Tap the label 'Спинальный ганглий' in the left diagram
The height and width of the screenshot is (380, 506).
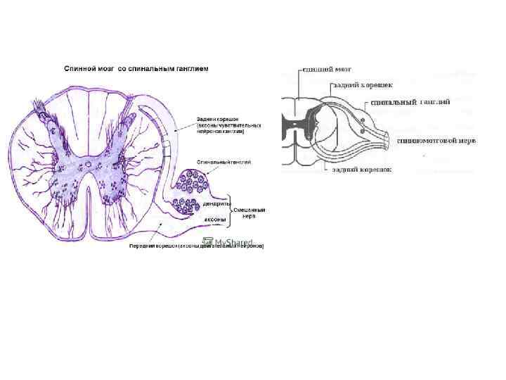[x=223, y=162]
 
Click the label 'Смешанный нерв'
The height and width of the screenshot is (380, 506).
[x=249, y=213]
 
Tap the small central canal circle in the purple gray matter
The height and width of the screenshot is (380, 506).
[x=89, y=167]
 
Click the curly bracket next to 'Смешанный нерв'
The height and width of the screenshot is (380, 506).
[x=229, y=211]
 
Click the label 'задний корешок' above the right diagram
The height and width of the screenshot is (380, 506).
[x=358, y=84]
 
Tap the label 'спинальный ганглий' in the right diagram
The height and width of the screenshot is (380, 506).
[x=410, y=102]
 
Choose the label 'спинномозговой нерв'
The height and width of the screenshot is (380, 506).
[x=436, y=141]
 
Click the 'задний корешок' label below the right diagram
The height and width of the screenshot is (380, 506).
[x=362, y=170]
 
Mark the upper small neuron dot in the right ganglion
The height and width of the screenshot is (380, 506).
[x=363, y=120]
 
